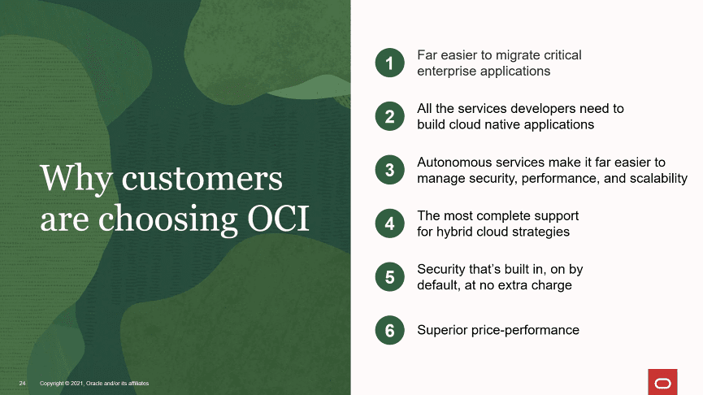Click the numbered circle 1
(389, 63)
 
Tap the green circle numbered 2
(389, 116)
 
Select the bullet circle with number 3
(389, 170)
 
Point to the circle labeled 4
(389, 224)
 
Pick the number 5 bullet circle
(389, 276)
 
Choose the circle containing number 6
(389, 331)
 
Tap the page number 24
(23, 384)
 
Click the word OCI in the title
(279, 219)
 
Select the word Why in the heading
(76, 180)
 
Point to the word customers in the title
(202, 180)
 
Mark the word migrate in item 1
(518, 55)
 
